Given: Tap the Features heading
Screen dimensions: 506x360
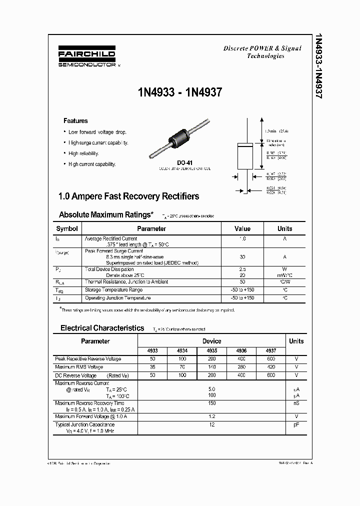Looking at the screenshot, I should pos(75,120).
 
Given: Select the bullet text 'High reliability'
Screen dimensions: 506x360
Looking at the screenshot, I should pos(84,153).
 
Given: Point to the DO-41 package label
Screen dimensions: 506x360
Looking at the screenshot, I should pos(184,162).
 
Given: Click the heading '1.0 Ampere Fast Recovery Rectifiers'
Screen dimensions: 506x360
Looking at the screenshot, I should pos(129,196).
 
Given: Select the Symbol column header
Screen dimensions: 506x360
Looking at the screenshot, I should pos(67,228).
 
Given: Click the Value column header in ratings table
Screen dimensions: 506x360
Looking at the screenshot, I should pos(242,228).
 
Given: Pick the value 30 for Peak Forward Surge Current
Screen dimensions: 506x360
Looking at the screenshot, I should pos(242,256).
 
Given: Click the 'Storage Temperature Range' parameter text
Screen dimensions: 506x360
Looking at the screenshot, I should pos(113,290).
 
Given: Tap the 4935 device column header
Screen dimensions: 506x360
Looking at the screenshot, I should pos(211,351).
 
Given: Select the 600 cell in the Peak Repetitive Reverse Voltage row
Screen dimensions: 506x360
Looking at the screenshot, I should pos(271,359).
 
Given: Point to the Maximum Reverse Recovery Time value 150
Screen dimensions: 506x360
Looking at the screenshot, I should pos(211,403).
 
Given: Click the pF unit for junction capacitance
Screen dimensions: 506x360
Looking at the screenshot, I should pos(296,424).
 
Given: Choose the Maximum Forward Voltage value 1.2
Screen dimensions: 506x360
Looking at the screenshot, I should pos(211,416).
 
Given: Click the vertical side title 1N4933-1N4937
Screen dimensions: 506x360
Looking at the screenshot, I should pos(318,65).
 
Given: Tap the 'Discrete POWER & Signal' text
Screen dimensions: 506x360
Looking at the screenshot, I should pos(262,48).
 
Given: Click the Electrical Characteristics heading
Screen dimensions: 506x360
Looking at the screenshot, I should pos(102,328).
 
